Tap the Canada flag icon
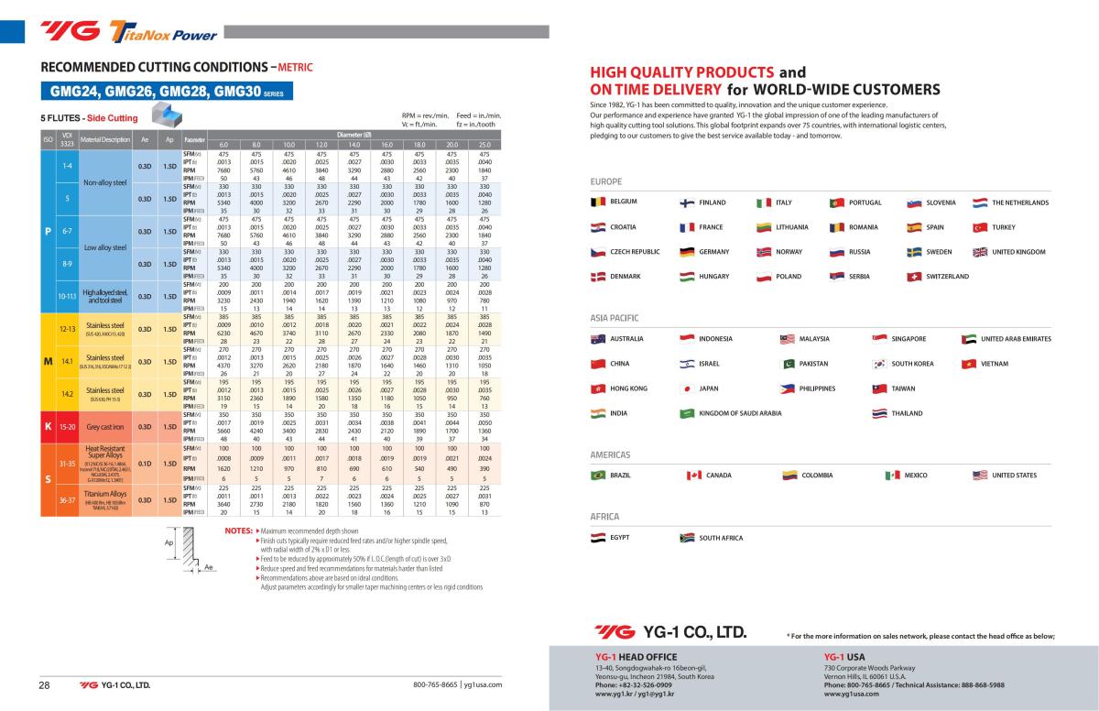click(x=693, y=476)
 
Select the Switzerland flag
click(x=912, y=277)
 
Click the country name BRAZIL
click(x=620, y=476)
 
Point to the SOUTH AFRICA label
click(x=721, y=538)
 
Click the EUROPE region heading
click(x=606, y=182)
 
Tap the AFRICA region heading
click(x=605, y=517)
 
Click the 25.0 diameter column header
click(x=484, y=145)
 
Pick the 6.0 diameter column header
click(x=223, y=145)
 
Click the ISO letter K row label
click(x=48, y=427)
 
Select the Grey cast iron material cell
click(x=104, y=427)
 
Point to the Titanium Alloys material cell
click(x=104, y=498)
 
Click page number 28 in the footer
click(x=43, y=685)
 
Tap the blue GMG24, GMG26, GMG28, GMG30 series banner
click(x=166, y=92)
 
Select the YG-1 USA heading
click(x=844, y=657)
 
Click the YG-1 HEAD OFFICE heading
click(x=636, y=657)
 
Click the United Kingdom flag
click(x=980, y=252)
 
